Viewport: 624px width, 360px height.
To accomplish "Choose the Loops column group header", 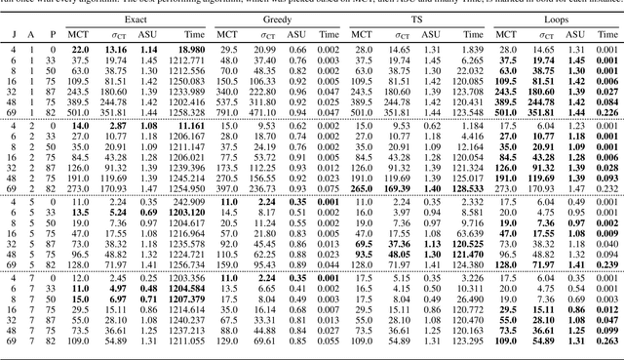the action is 556,19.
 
